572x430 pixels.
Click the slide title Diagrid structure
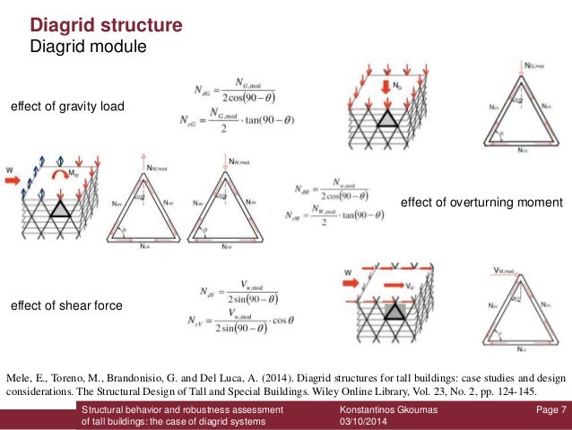coord(107,23)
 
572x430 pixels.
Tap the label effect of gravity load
coord(67,108)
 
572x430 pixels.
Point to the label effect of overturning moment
coord(481,203)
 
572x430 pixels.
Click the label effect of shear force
coord(65,306)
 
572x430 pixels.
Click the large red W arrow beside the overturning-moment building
coord(17,178)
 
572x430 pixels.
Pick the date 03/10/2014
coord(356,422)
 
